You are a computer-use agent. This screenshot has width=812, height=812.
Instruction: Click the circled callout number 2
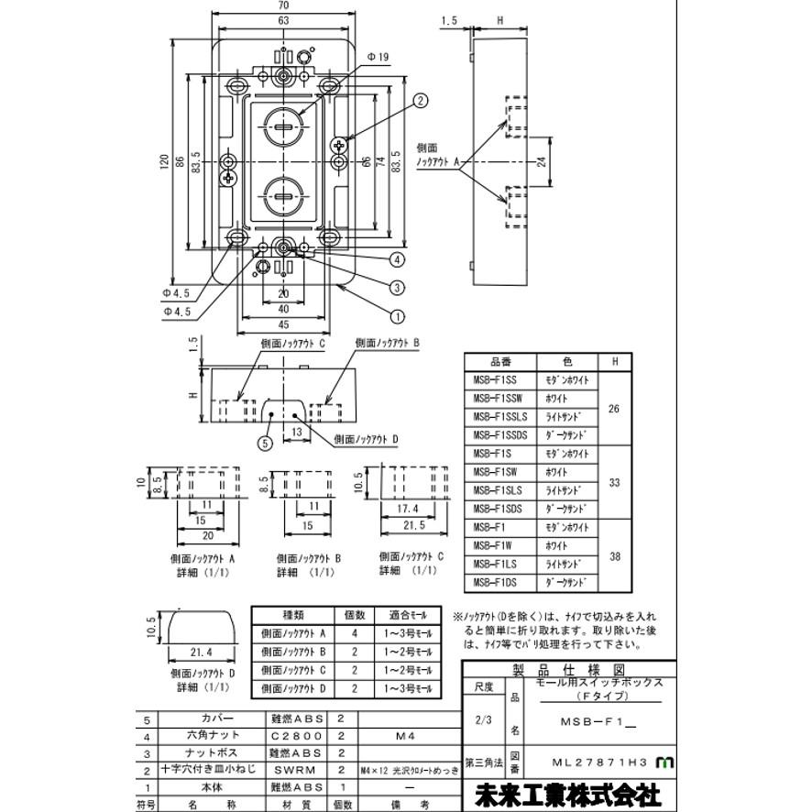click(x=421, y=101)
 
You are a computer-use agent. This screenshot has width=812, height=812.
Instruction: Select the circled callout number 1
click(x=397, y=317)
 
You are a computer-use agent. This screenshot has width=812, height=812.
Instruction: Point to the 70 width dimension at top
click(x=285, y=7)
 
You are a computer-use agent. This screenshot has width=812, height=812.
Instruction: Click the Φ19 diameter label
click(x=378, y=57)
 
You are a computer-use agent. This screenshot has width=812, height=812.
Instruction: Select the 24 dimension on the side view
click(x=542, y=162)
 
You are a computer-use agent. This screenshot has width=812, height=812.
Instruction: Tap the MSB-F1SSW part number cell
click(x=499, y=399)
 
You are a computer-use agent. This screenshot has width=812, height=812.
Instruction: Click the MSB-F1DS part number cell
click(x=499, y=582)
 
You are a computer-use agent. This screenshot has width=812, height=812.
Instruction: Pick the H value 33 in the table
click(x=614, y=481)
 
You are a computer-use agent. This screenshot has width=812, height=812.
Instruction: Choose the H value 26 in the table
click(x=614, y=408)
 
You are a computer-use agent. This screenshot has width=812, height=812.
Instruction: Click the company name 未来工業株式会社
click(x=567, y=793)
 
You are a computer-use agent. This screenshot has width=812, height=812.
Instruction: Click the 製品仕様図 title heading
click(x=568, y=668)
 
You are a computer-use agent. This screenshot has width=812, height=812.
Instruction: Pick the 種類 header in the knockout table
click(x=297, y=614)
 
